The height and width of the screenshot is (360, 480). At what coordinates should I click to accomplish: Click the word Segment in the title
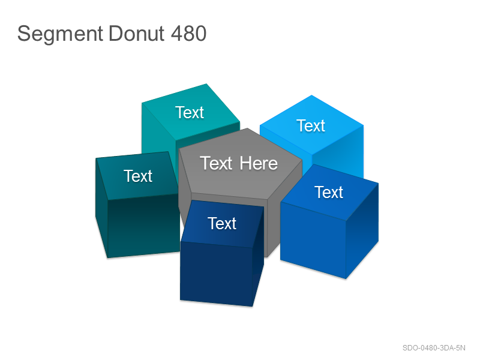click(60, 34)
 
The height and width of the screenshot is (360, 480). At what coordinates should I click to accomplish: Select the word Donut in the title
click(136, 33)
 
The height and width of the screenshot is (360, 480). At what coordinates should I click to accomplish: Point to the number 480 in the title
click(188, 33)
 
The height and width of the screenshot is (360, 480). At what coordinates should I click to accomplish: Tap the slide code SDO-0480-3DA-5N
click(434, 348)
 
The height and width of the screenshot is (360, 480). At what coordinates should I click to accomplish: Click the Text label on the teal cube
click(190, 112)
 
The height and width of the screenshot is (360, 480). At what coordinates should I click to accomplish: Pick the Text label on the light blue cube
click(311, 125)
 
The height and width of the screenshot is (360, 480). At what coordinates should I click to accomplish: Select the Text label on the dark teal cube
click(138, 176)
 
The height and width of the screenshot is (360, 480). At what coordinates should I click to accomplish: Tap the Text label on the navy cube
click(222, 223)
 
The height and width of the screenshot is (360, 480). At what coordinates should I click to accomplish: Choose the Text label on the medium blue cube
click(329, 192)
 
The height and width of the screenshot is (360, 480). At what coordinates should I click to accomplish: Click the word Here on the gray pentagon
click(259, 163)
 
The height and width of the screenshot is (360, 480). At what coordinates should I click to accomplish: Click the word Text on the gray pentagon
click(216, 163)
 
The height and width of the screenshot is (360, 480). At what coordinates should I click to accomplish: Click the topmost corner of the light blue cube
click(311, 95)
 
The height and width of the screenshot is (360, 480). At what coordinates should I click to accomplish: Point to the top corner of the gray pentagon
click(247, 128)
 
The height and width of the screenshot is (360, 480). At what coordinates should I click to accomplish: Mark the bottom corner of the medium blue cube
click(346, 279)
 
